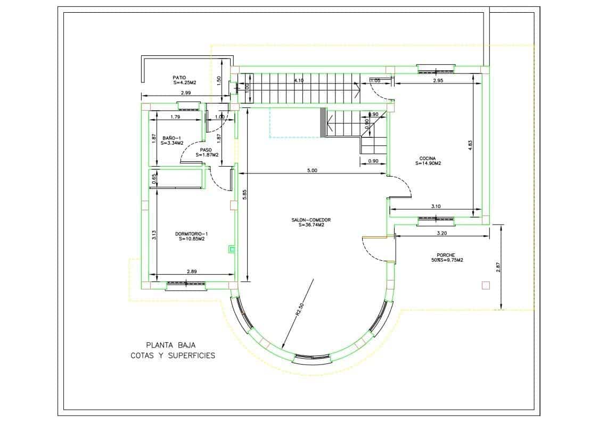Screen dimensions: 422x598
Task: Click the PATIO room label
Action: pos(179,77)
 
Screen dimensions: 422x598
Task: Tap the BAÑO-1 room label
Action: pos(171,138)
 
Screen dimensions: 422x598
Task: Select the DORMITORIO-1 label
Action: pos(192,234)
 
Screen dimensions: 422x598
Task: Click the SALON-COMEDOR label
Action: pos(312,220)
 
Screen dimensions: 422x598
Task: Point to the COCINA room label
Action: pos(428,158)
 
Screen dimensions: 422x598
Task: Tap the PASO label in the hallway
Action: pos(206,150)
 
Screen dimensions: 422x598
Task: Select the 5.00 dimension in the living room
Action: pos(312,171)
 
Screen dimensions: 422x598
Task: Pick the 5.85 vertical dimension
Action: pos(244,195)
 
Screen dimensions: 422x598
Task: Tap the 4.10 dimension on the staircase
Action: pos(299,80)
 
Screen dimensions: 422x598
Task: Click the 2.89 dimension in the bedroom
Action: pos(192,271)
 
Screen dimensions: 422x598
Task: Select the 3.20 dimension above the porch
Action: pos(441,233)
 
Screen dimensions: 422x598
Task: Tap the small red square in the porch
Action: pos(485,285)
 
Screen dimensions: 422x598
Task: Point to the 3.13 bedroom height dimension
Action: pos(154,234)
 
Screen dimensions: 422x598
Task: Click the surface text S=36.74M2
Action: pos(312,225)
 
